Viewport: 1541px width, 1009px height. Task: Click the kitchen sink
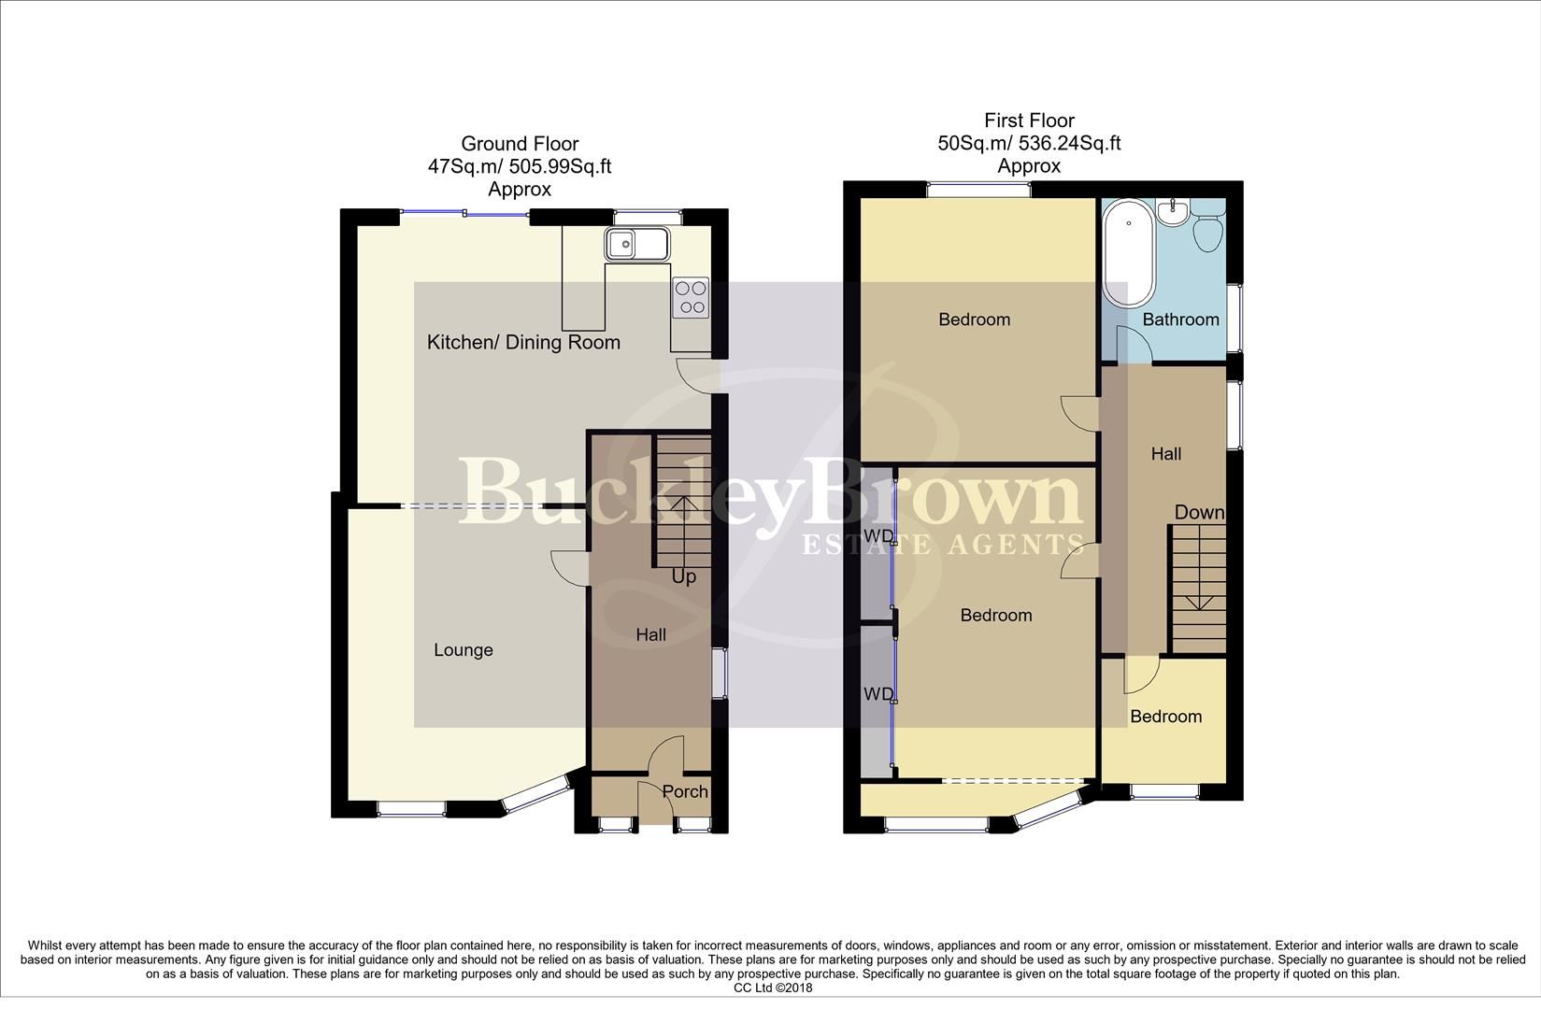[x=635, y=245]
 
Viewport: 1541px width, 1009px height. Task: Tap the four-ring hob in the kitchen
[x=692, y=297]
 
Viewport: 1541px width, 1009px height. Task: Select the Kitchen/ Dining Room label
[x=523, y=342]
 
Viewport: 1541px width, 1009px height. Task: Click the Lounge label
[x=463, y=650]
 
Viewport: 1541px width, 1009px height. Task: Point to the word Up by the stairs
[x=684, y=576]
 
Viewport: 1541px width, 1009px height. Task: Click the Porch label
[x=685, y=791]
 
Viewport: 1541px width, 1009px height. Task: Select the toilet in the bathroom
[x=1207, y=229]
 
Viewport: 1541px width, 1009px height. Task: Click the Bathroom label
[x=1180, y=320]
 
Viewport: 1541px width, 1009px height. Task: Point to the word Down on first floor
[x=1199, y=512]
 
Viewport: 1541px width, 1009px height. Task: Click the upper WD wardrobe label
[x=878, y=535]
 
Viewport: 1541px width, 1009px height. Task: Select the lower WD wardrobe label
[x=878, y=694]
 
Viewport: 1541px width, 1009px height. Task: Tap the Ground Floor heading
[x=520, y=144]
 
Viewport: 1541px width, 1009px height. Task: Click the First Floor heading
[x=1029, y=121]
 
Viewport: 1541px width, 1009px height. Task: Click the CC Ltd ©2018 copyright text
[x=773, y=988]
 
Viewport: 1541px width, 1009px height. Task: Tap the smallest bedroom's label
[x=1165, y=717]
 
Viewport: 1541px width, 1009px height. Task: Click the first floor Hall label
[x=1165, y=454]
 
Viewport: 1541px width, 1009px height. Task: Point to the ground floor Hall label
[x=650, y=635]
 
